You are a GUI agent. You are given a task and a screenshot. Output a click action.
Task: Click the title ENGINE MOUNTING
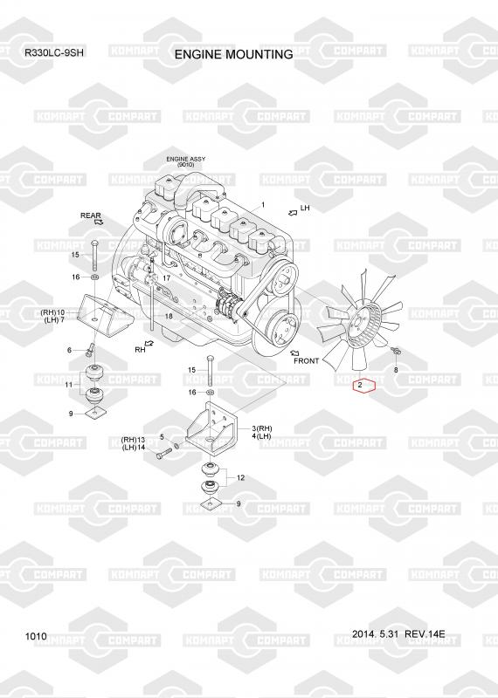233,54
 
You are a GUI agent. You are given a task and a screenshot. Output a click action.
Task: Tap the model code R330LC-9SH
54,52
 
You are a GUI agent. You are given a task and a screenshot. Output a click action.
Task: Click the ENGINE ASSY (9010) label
185,161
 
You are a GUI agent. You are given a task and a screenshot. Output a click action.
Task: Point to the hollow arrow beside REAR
99,222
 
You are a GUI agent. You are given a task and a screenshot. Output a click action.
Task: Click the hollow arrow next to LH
293,213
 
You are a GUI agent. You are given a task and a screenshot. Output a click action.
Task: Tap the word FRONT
307,361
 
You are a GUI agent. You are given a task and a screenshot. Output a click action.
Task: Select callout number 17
166,278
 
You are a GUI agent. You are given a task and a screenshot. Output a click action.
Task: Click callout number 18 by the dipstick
169,316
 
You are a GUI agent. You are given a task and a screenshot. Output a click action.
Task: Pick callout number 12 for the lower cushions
241,477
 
